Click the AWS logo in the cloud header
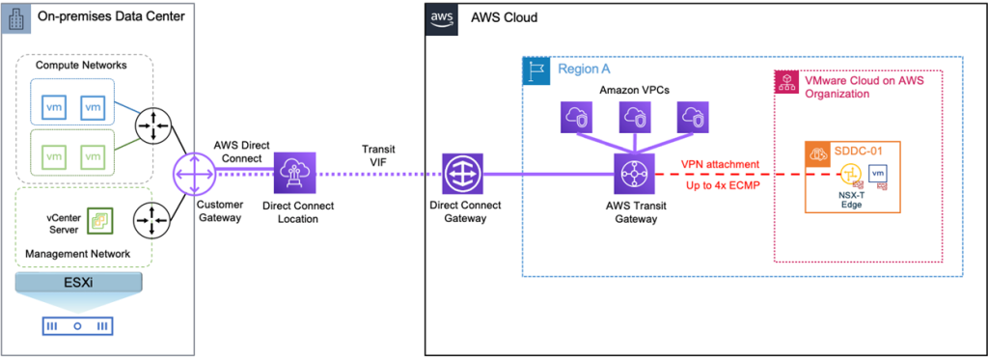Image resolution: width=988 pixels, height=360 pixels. click(x=442, y=17)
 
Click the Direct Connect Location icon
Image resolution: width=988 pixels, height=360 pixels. click(x=292, y=174)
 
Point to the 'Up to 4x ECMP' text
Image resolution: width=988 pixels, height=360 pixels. click(x=718, y=184)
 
